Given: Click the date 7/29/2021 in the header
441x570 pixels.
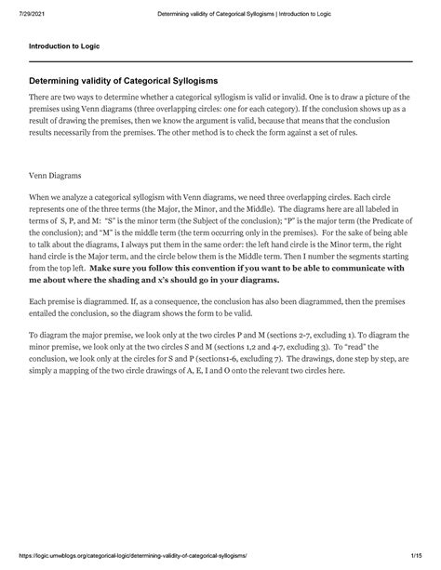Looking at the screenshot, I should pyautogui.click(x=26, y=12).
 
